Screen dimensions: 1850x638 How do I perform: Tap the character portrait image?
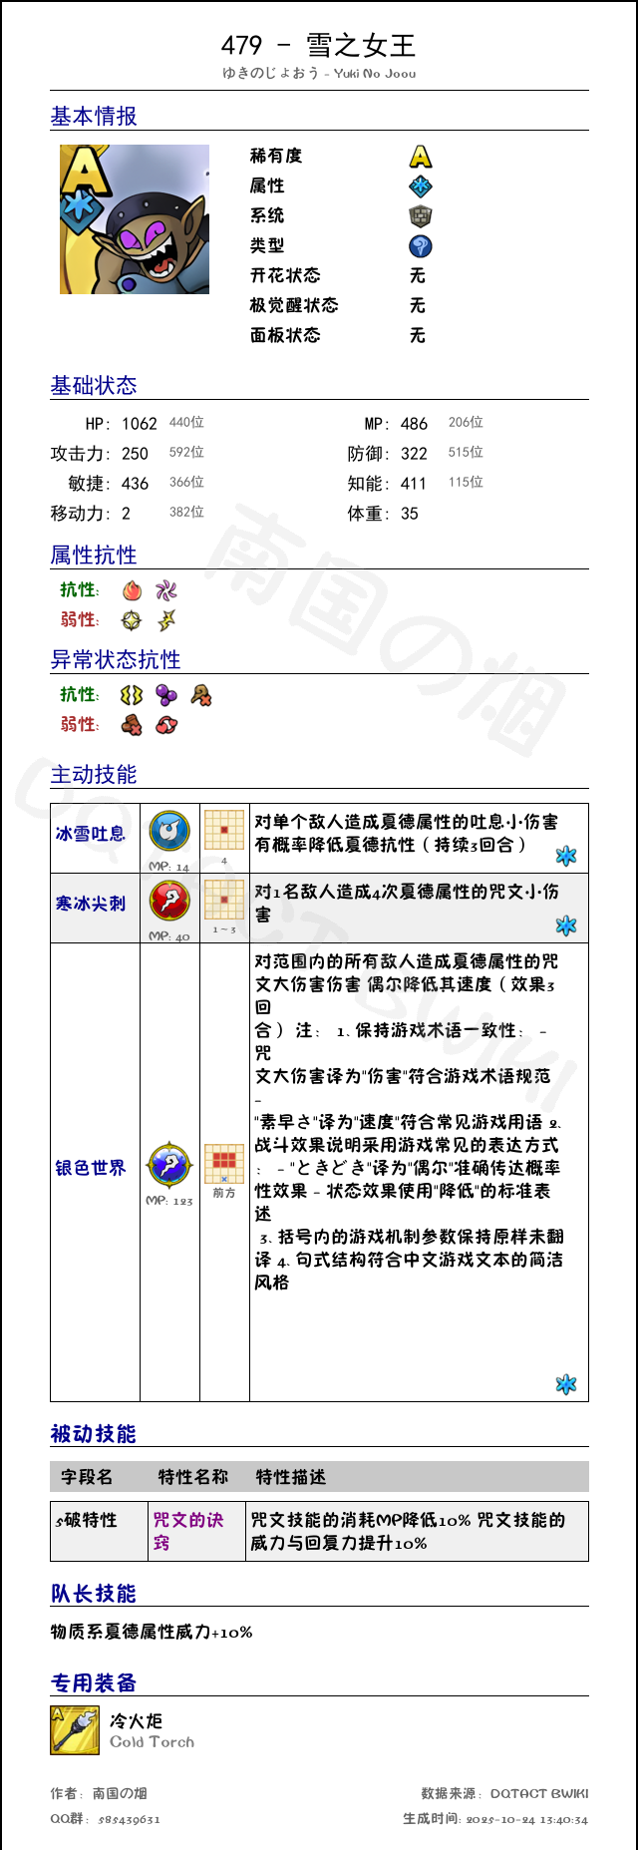135,219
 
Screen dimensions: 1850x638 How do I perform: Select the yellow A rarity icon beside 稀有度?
421,157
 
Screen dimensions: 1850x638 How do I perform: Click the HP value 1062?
140,424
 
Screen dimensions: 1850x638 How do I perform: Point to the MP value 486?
414,424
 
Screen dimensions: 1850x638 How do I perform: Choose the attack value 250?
135,454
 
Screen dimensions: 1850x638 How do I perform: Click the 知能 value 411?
414,484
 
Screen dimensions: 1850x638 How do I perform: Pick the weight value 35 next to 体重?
410,514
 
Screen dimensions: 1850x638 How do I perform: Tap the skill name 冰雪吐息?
91,834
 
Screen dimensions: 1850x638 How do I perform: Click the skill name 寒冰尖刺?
91,904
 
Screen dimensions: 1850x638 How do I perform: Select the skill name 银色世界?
91,1168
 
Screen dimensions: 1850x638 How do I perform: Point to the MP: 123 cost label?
169,1201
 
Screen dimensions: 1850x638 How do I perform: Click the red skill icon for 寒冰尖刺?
169,901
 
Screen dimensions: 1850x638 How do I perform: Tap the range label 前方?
224,1193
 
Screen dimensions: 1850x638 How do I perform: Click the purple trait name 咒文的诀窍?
187,1531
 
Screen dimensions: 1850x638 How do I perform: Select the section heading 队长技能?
94,1594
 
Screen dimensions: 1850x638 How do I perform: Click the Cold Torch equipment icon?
75,1730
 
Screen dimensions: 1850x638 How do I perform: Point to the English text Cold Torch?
152,1742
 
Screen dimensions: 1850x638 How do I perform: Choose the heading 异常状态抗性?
116,660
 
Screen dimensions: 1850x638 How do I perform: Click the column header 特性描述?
291,1477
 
